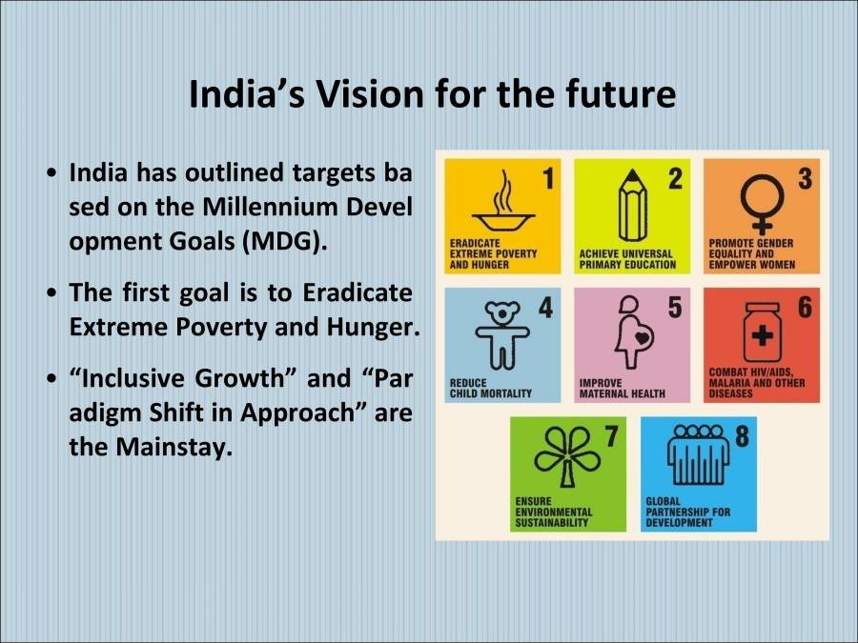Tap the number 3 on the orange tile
(x=806, y=179)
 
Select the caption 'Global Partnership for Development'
(x=687, y=516)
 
